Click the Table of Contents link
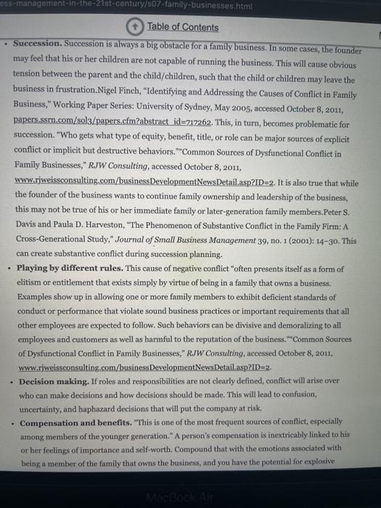(182, 27)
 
